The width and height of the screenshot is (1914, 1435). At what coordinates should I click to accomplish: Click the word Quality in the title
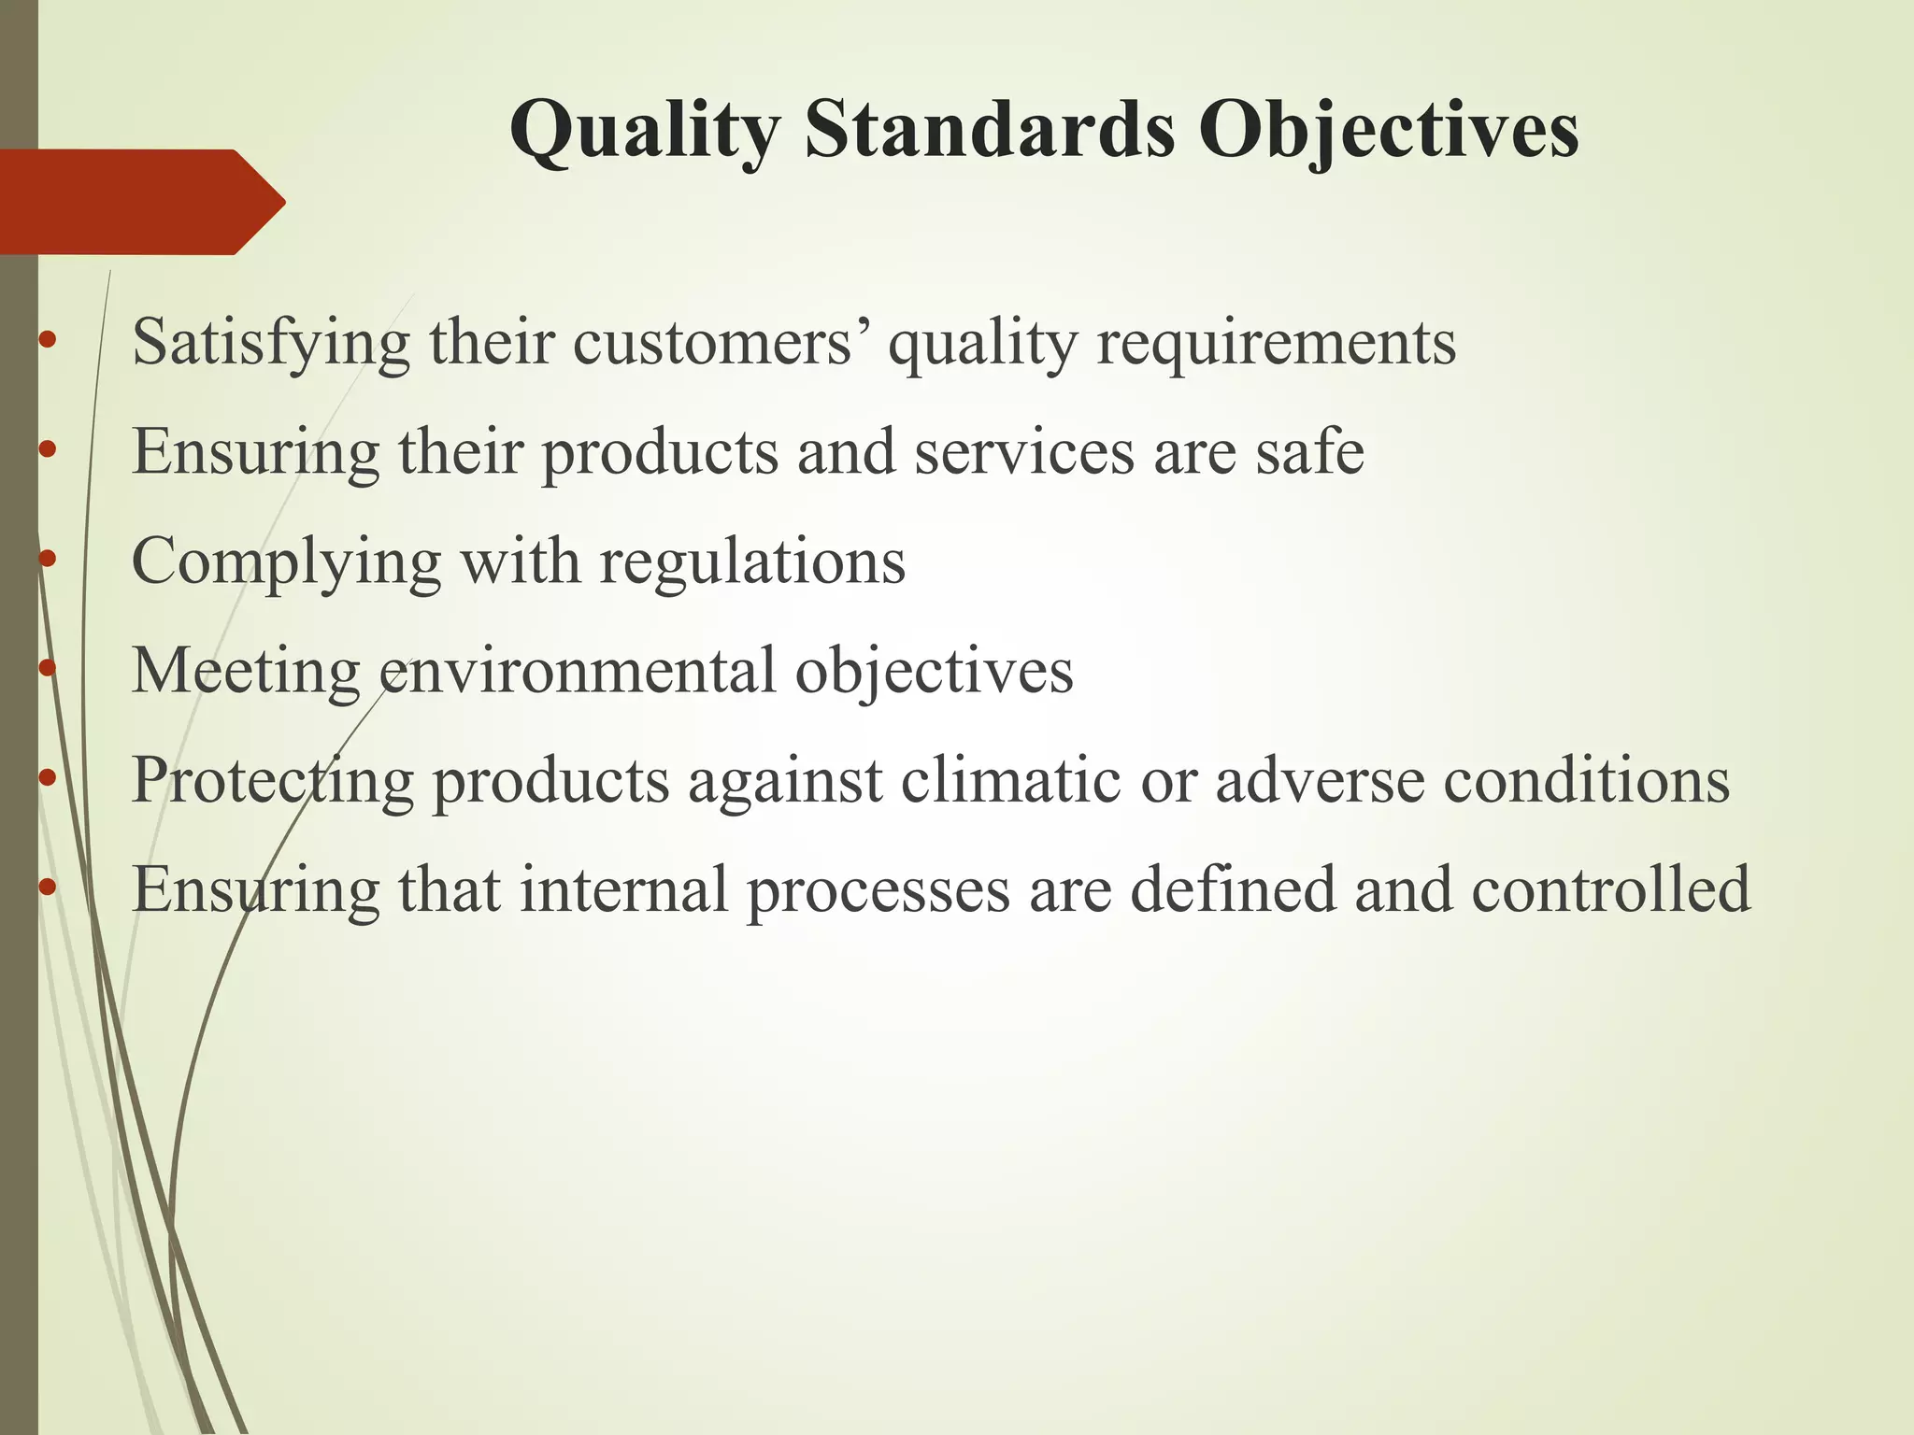[644, 131]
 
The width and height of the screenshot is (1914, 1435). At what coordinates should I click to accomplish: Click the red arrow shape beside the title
[140, 202]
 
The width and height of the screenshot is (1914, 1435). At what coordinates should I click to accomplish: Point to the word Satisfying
[271, 344]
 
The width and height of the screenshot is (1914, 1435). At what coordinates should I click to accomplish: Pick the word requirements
[1276, 344]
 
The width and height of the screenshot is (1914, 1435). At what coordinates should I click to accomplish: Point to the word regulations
[752, 562]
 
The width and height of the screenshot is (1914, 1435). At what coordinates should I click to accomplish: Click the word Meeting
[246, 671]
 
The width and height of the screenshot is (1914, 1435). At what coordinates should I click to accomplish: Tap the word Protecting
[272, 781]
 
